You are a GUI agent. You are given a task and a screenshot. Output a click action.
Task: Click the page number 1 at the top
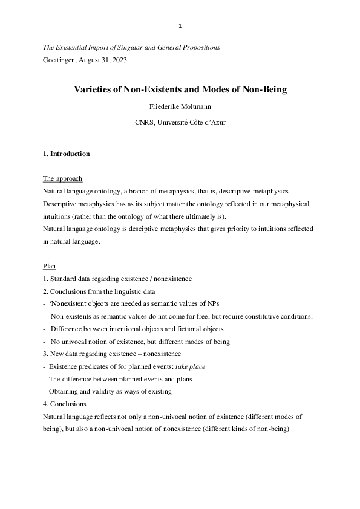180,25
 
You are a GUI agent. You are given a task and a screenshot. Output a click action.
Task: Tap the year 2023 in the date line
119,60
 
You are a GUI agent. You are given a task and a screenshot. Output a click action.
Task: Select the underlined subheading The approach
62,179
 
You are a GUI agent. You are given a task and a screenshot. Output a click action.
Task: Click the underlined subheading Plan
49,266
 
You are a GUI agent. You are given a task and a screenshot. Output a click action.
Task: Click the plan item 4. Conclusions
65,404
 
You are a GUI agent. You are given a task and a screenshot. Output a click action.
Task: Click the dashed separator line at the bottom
175,453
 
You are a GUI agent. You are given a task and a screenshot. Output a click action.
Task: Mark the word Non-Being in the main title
264,90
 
